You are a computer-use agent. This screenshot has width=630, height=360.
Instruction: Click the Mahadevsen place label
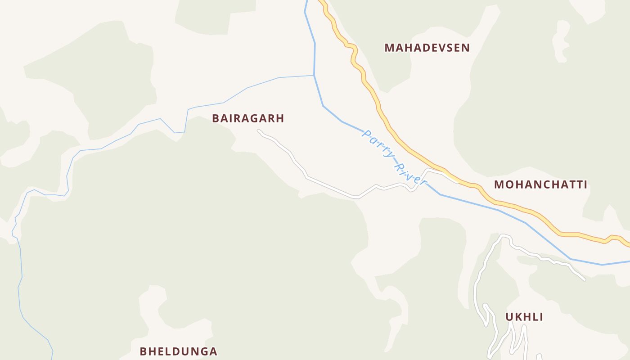427,48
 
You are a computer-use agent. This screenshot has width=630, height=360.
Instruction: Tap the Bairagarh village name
248,118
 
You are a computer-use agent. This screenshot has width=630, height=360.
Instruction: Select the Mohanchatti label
540,184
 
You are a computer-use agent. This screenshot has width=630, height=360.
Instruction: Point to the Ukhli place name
524,317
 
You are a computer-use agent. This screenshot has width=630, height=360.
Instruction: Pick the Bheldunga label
178,351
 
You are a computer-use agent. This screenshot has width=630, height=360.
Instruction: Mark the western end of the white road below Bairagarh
258,131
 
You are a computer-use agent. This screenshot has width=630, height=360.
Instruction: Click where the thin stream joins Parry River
314,75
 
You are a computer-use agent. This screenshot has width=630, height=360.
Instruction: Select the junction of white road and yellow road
458,181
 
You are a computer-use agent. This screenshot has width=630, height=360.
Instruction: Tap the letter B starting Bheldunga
144,351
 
